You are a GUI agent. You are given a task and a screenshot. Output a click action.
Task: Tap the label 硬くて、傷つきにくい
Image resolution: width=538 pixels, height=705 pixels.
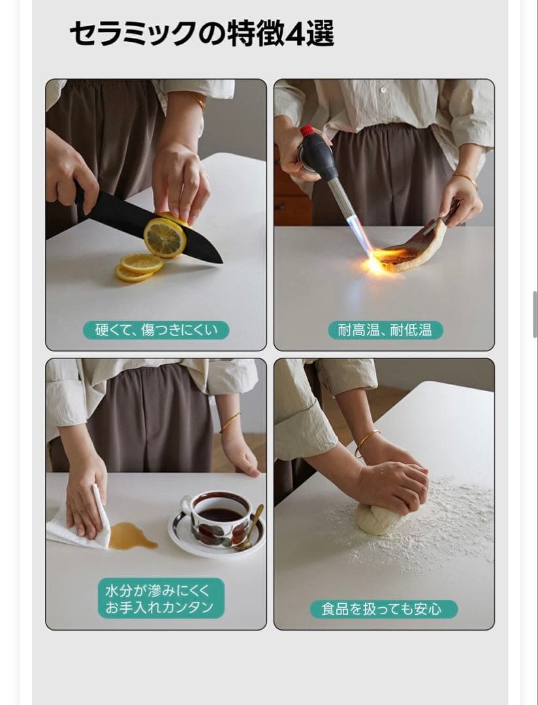[x=156, y=330]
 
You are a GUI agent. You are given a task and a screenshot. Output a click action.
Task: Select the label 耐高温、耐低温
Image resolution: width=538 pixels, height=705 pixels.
[x=385, y=330]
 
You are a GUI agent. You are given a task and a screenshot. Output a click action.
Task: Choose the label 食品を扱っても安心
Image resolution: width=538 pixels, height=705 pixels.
[x=383, y=609]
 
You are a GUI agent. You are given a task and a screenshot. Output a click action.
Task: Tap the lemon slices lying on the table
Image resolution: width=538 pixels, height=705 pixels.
[x=138, y=268]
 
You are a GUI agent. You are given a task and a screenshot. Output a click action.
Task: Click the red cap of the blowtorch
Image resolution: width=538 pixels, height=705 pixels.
[x=306, y=131]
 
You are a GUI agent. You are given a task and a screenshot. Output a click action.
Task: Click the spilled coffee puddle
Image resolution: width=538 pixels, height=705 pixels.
[x=132, y=537]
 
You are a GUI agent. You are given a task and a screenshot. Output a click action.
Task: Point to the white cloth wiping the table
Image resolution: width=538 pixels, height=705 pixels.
[x=77, y=526]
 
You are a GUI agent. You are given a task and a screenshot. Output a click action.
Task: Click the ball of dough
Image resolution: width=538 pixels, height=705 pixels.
[x=381, y=519]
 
